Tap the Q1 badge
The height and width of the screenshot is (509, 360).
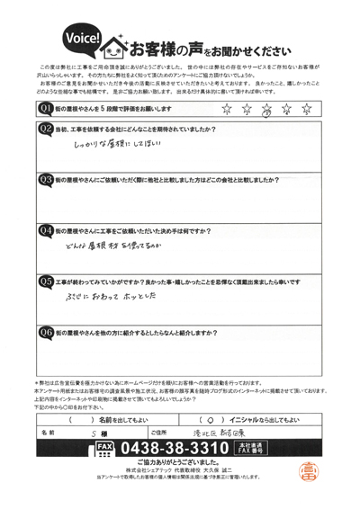click(45, 110)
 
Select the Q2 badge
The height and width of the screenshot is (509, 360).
click(45, 129)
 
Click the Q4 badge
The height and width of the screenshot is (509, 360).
click(45, 230)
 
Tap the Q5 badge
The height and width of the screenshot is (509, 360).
click(45, 281)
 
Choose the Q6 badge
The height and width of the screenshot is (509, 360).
click(45, 332)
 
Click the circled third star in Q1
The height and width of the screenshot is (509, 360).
click(265, 111)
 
